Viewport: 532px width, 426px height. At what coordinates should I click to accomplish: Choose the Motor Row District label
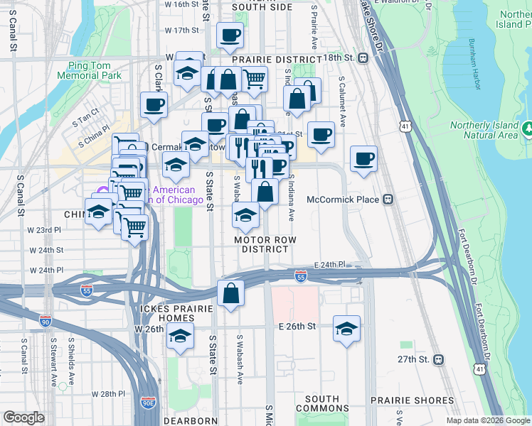click(265, 245)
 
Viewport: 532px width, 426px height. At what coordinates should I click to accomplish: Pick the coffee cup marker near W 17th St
click(230, 35)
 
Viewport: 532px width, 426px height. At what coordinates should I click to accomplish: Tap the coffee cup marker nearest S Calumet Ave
click(363, 160)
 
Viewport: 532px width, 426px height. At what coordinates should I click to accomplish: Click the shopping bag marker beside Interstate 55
click(231, 293)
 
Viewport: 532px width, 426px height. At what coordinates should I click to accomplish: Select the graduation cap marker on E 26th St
click(346, 329)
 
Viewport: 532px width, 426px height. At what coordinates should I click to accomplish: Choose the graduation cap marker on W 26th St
click(181, 337)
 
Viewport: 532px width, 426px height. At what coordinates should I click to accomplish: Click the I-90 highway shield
click(46, 320)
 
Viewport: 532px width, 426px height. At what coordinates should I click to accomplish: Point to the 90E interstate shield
click(149, 403)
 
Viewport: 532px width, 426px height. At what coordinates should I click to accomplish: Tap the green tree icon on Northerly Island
click(528, 129)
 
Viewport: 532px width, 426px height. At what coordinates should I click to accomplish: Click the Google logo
click(23, 417)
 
